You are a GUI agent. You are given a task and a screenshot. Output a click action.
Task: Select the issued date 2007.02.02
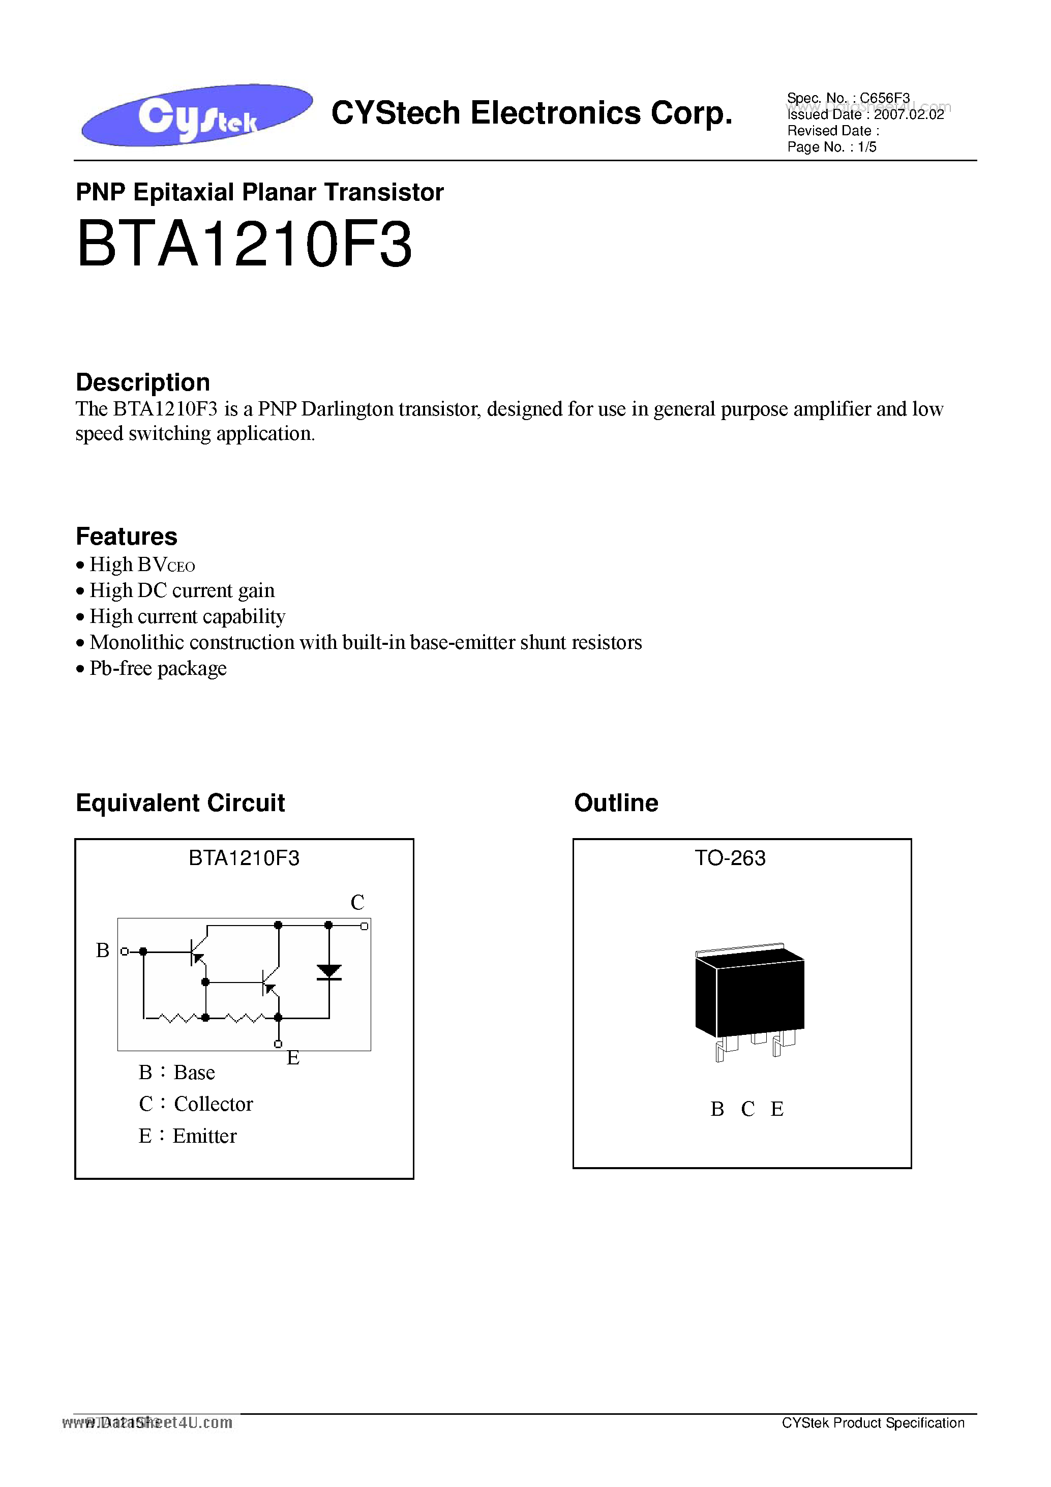pyautogui.click(x=909, y=114)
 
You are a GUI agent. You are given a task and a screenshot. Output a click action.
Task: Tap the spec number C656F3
pyautogui.click(x=885, y=98)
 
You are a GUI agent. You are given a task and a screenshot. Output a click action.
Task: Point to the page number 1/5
pyautogui.click(x=867, y=147)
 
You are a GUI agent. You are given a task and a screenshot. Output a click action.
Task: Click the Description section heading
pyautogui.click(x=143, y=382)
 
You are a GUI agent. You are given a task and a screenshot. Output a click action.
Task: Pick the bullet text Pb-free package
pyautogui.click(x=158, y=668)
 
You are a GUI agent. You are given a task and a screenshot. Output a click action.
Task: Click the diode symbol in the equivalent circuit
pyautogui.click(x=329, y=971)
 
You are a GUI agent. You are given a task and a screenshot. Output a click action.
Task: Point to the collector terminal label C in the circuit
pyautogui.click(x=357, y=902)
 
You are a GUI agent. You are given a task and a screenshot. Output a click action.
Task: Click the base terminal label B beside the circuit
pyautogui.click(x=102, y=950)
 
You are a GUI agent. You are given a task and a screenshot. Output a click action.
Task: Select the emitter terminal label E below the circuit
pyautogui.click(x=293, y=1058)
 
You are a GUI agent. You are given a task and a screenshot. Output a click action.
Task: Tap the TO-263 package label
pyautogui.click(x=730, y=858)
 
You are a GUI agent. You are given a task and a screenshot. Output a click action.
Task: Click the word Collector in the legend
pyautogui.click(x=213, y=1104)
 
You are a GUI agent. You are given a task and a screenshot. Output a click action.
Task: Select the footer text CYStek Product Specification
pyautogui.click(x=873, y=1423)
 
